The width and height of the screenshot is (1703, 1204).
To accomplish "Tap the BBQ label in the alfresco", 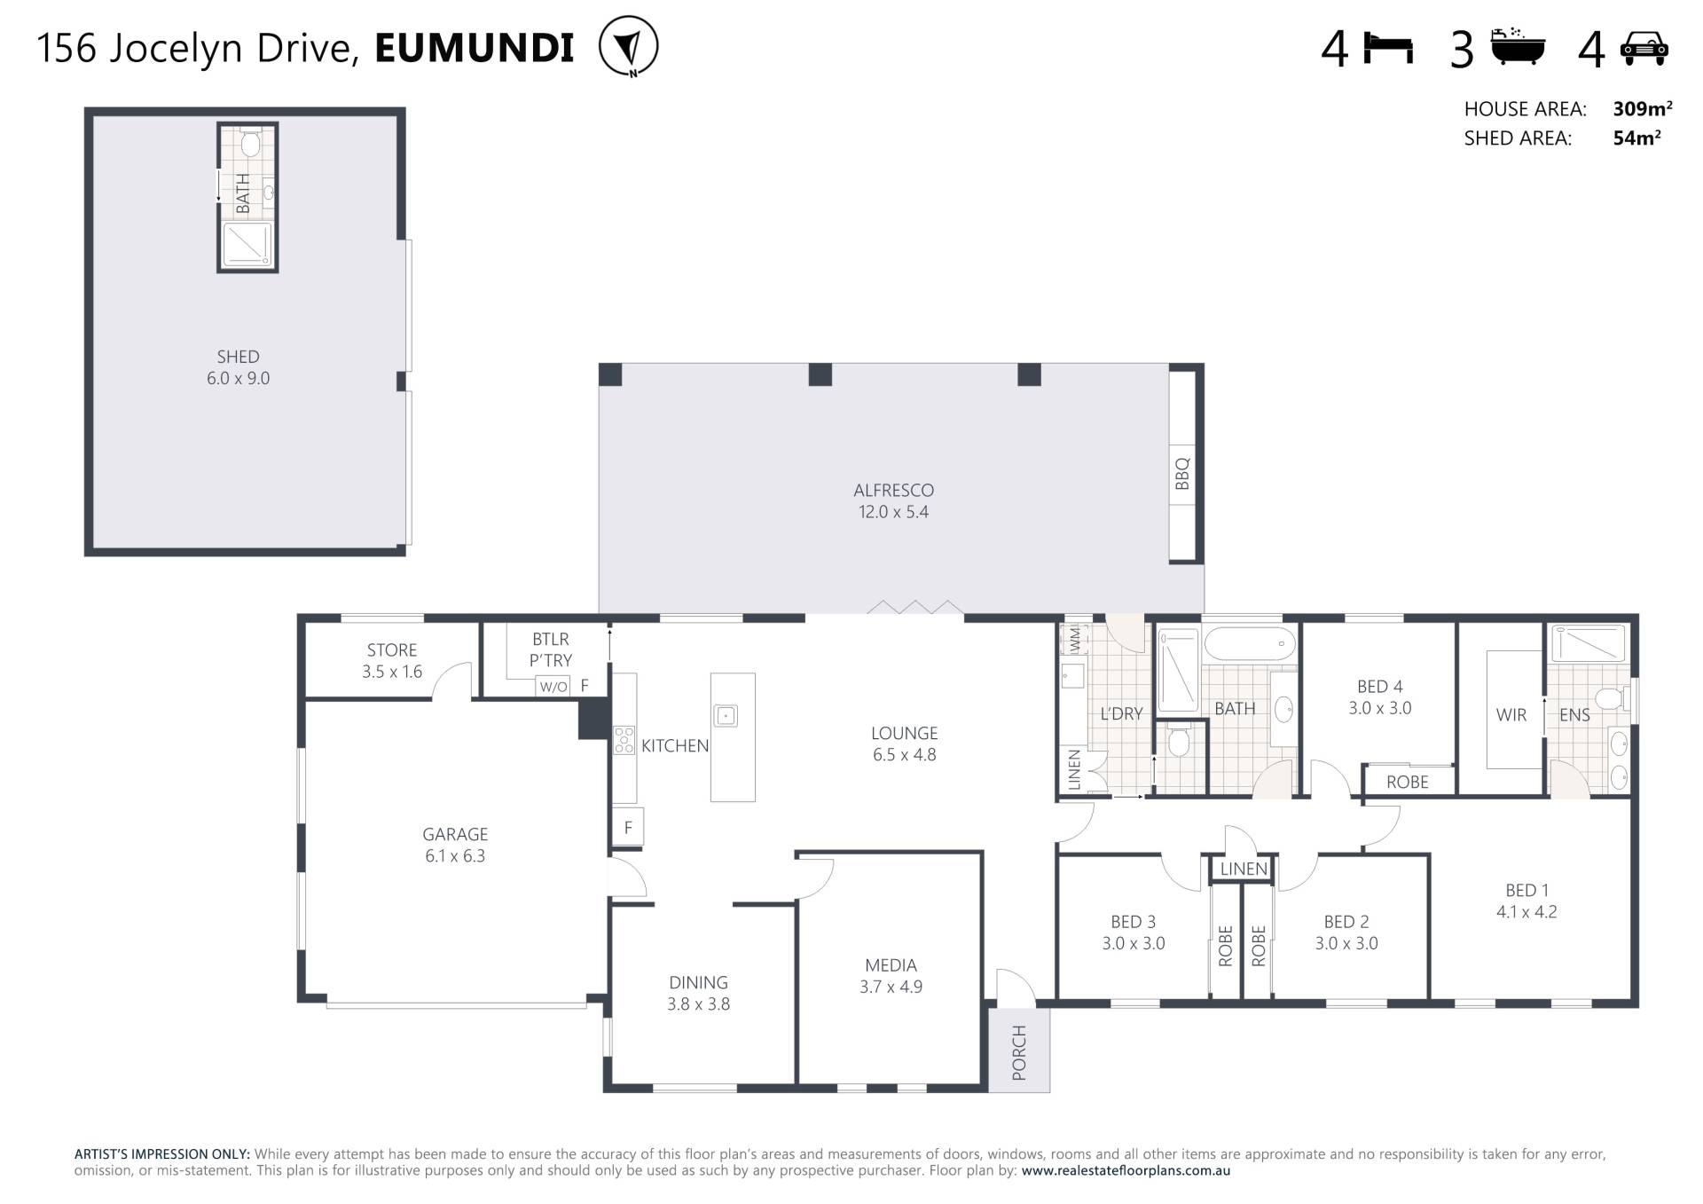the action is (1181, 474).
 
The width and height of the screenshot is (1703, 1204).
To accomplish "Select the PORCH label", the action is (1019, 1052).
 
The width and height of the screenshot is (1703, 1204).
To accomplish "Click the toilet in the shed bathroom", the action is (250, 143).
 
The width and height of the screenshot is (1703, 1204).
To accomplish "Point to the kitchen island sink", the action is (726, 715).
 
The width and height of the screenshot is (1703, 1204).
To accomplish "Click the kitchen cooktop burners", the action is (624, 740).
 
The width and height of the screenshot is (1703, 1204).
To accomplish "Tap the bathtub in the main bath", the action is (1249, 643).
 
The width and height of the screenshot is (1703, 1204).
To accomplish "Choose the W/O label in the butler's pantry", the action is (553, 687).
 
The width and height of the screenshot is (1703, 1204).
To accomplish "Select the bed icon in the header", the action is (1388, 49).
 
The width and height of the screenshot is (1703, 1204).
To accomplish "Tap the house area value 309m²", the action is (1642, 108).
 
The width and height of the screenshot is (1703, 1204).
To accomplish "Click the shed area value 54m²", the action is (1636, 138).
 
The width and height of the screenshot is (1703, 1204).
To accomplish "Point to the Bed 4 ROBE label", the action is (1408, 782).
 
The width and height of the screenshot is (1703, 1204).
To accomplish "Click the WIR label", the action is (1511, 715).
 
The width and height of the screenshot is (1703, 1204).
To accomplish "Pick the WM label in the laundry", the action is (1075, 637).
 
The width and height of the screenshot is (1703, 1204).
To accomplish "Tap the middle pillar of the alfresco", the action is (820, 374).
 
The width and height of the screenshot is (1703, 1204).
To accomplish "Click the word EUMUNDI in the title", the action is (475, 48).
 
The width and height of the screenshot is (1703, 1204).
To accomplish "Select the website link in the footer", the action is (1126, 1170).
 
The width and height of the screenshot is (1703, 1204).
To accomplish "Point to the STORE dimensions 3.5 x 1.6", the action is (392, 672).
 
